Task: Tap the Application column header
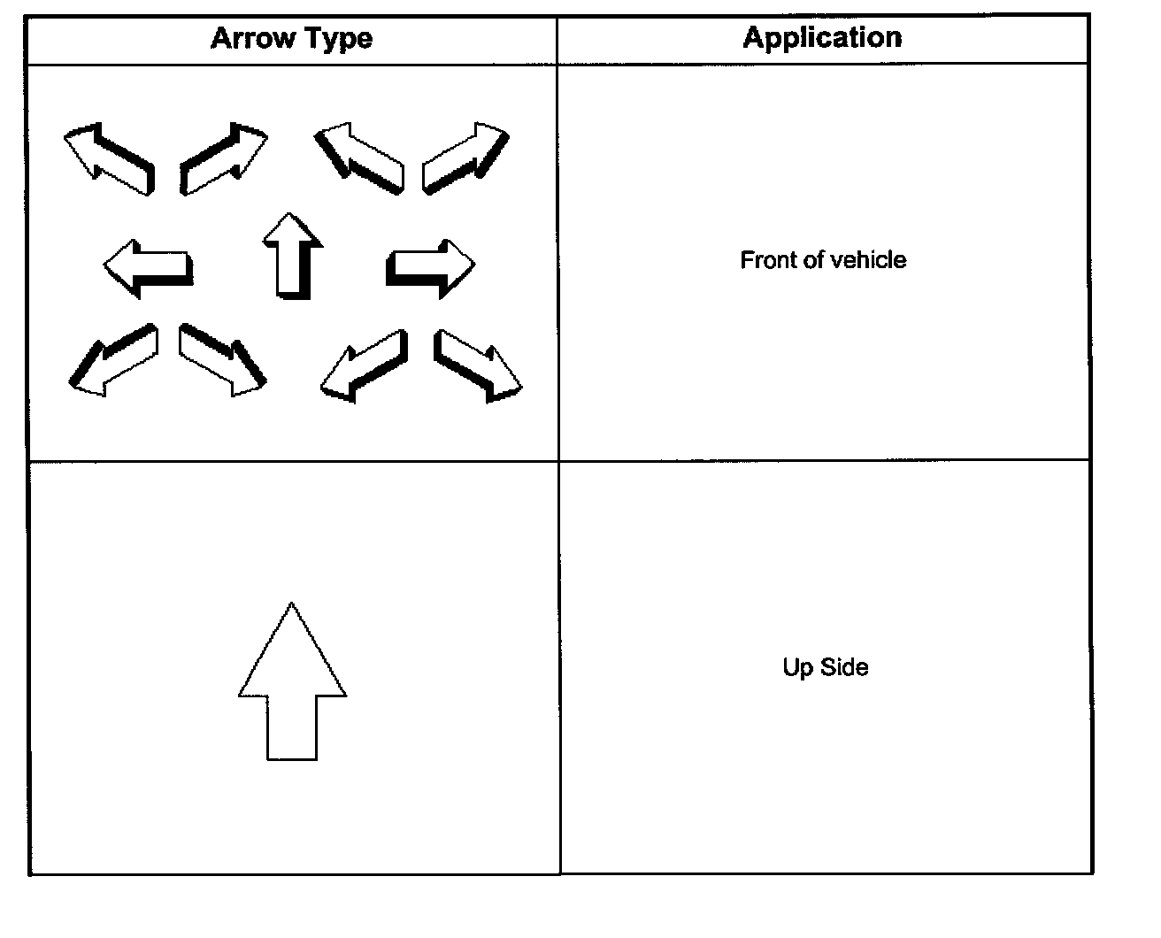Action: click(822, 37)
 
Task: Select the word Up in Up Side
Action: click(796, 666)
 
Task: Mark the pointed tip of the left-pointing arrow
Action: click(106, 265)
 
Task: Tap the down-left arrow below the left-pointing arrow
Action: click(113, 359)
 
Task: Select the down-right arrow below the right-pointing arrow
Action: click(478, 365)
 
